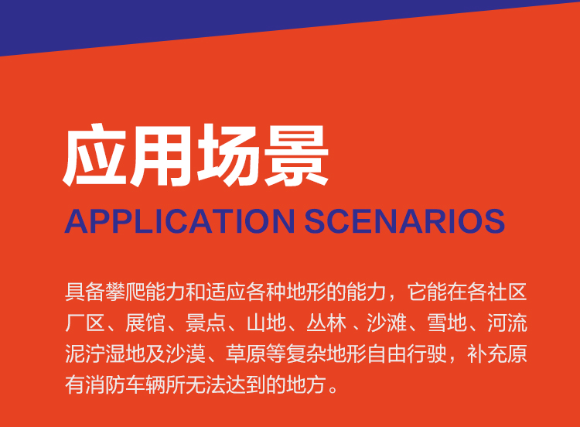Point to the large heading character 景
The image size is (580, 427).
pos(296,155)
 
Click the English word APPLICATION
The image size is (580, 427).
pos(179,221)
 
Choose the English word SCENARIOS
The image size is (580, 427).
pos(404,221)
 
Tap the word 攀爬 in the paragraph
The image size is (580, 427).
pos(125,292)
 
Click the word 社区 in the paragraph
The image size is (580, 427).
pos(507,292)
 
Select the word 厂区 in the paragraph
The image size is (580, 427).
pos(85,323)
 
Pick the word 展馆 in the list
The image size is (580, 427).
pos(145,323)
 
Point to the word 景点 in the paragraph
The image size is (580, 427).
pos(206,323)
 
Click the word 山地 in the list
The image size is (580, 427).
pos(266,323)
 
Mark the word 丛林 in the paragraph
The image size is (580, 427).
pos(326,323)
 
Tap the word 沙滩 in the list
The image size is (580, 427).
pos(387,323)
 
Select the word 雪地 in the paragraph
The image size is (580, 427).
pos(447,323)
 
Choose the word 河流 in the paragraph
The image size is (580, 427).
pos(507,323)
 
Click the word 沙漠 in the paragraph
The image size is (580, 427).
pos(186,354)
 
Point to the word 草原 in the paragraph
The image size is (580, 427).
pos(246,354)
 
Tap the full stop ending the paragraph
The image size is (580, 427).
pos(333,389)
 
